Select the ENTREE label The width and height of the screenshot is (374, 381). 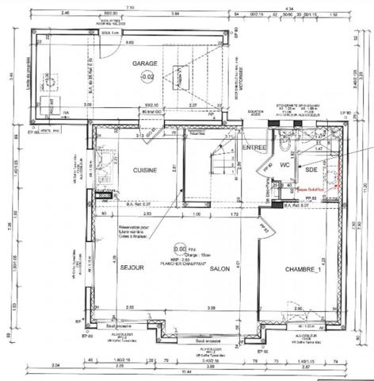click(x=254, y=148)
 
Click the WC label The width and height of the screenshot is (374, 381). click(x=283, y=167)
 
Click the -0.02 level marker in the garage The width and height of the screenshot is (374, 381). click(x=147, y=77)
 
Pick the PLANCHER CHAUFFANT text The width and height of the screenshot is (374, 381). click(x=182, y=263)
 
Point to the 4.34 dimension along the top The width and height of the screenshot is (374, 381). click(x=289, y=5)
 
